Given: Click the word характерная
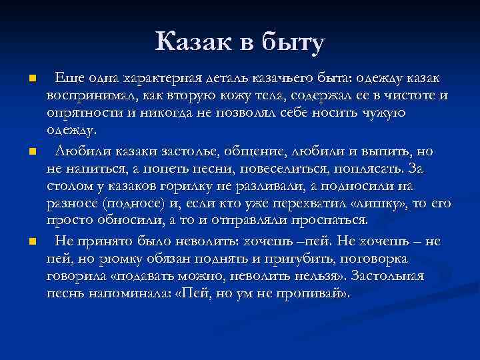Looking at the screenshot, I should (x=156, y=79).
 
